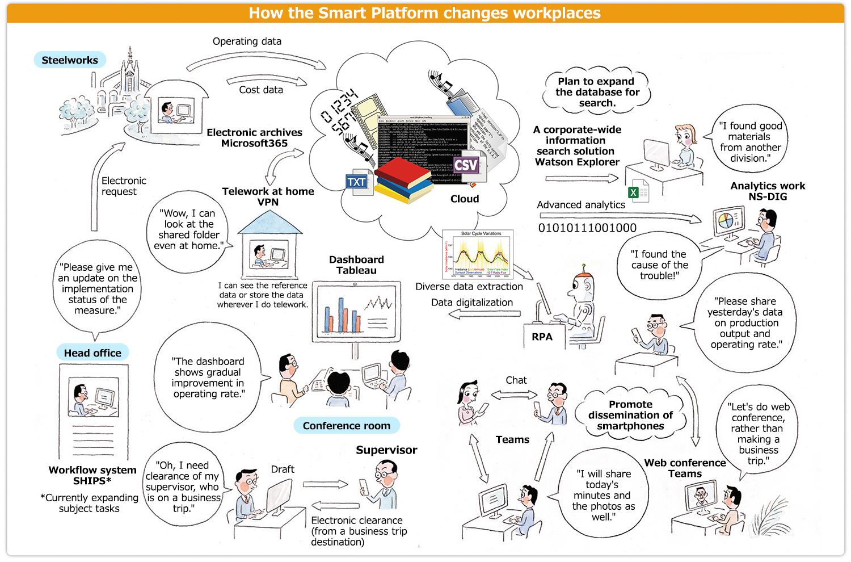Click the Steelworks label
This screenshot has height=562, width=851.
coord(70,60)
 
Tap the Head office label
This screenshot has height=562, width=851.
coord(92,353)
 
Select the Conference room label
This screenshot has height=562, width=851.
coord(346,425)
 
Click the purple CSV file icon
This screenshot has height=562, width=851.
coord(466,166)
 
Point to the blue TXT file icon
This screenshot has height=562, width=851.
coord(357,182)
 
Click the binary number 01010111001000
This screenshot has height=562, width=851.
coord(587,228)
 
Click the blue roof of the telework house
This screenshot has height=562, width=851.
coord(270,223)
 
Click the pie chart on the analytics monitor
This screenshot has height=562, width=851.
coord(725,220)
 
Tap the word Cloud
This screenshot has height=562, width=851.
coord(465,199)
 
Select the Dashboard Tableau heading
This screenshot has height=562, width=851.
coord(356,265)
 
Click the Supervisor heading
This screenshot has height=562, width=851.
coord(386,450)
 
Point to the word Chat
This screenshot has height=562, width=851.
coord(516,380)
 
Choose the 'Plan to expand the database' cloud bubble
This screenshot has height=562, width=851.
coord(596,92)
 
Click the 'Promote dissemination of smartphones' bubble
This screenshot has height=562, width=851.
coord(630,416)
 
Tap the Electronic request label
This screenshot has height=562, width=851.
coord(123,186)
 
